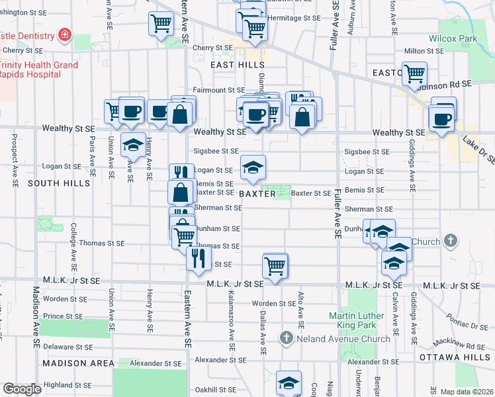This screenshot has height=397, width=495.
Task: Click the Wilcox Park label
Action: (x=453, y=39)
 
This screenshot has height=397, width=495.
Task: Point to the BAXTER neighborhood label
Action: (x=257, y=194)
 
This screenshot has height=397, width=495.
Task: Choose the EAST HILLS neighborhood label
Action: (x=238, y=65)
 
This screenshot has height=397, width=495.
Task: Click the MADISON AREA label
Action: (x=74, y=363)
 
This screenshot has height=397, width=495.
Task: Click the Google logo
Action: (x=22, y=389)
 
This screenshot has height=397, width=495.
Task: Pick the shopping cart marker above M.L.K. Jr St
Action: (x=275, y=266)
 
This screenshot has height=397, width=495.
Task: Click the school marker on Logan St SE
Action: (x=252, y=168)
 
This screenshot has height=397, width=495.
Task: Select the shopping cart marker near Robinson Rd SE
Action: (x=414, y=73)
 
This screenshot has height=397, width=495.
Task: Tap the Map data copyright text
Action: (x=466, y=392)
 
